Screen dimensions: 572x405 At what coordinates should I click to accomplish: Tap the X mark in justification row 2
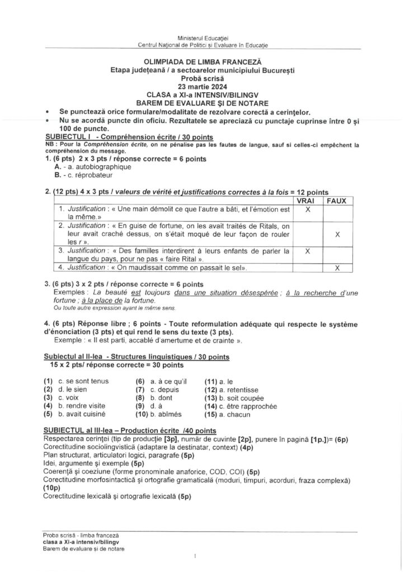pos(337,235)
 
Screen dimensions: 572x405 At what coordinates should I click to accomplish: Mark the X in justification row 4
pos(337,268)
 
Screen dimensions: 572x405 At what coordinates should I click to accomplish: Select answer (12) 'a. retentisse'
pos(239,389)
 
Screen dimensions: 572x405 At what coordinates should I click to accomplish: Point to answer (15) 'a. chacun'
pos(236,414)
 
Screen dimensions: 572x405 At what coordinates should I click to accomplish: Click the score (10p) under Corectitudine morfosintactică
pos(50,488)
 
